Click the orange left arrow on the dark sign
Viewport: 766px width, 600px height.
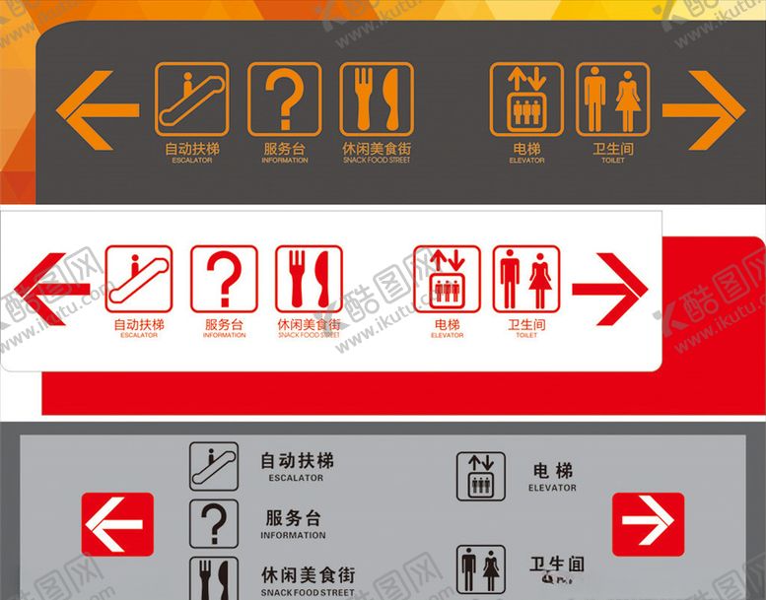click(x=96, y=109)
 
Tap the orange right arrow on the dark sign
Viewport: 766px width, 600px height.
click(x=703, y=109)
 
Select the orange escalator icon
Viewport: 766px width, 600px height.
click(x=191, y=100)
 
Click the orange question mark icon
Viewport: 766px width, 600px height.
click(x=284, y=100)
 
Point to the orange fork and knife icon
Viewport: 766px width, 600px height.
click(x=377, y=100)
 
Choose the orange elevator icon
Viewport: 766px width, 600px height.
click(x=526, y=100)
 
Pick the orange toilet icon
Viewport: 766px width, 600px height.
click(x=612, y=100)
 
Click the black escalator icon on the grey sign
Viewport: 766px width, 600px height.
click(x=214, y=466)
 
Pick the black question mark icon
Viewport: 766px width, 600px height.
click(x=214, y=523)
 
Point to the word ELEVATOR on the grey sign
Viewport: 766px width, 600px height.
click(x=552, y=488)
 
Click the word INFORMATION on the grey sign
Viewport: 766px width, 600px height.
click(x=293, y=535)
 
